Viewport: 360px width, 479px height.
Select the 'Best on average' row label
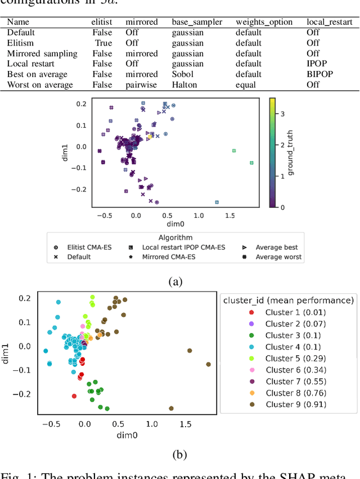pyautogui.click(x=37, y=74)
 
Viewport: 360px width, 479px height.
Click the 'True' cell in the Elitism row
pyautogui.click(x=103, y=43)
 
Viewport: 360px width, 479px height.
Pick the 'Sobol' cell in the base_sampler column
pyautogui.click(x=183, y=74)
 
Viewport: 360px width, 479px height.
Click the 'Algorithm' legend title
pyautogui.click(x=175, y=238)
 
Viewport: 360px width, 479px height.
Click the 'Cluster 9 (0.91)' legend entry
pyautogui.click(x=295, y=405)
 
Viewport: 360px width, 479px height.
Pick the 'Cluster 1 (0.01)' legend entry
pyautogui.click(x=295, y=312)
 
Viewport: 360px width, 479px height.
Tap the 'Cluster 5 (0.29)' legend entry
pyautogui.click(x=295, y=359)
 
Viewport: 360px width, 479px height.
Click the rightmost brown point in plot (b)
pyautogui.click(x=208, y=364)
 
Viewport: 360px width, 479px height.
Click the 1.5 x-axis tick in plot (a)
pyautogui.click(x=229, y=216)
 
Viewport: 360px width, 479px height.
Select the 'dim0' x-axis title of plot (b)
pyautogui.click(x=127, y=435)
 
